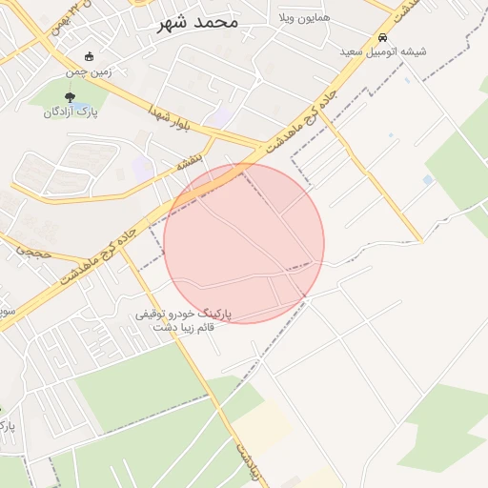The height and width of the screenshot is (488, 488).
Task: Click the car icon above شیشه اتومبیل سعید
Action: [x=383, y=36]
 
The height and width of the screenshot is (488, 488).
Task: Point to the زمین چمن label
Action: [x=90, y=71]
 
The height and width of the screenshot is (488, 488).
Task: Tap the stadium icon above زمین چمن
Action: [x=90, y=56]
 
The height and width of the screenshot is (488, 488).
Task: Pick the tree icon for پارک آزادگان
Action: [x=70, y=96]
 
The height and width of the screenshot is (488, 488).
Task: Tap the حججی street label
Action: [x=31, y=251]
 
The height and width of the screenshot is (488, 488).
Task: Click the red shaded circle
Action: [x=244, y=243]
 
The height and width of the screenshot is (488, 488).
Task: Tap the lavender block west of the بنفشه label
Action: [x=142, y=169]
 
